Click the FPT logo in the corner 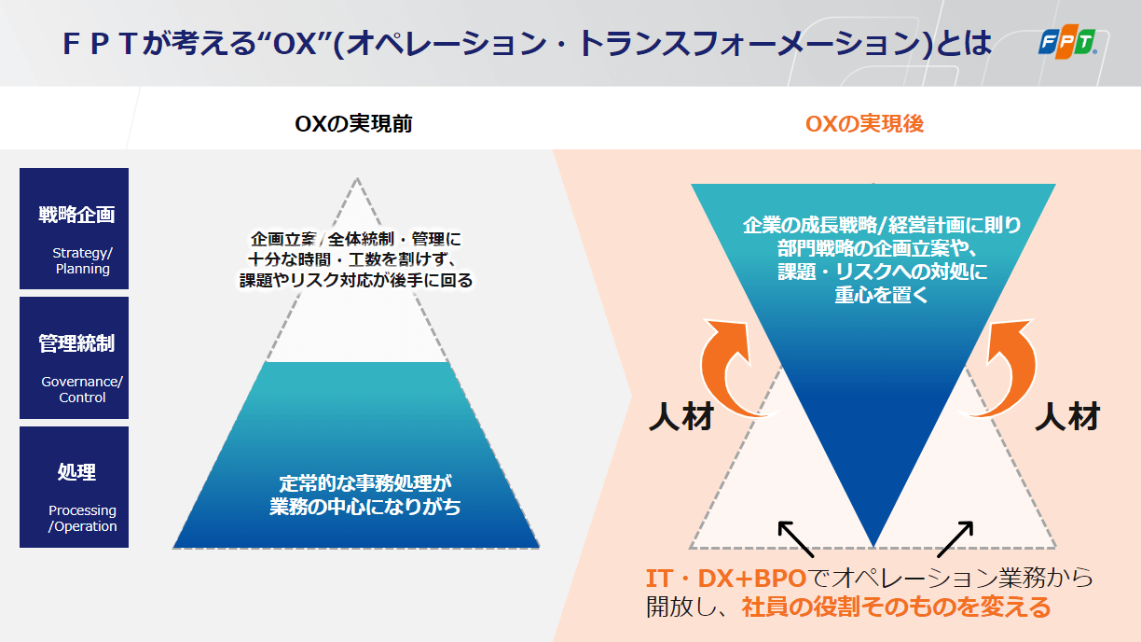(1067, 41)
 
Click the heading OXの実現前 (353, 123)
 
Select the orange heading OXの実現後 (864, 123)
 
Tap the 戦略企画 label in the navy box (77, 215)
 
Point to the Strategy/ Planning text (83, 260)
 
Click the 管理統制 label (77, 343)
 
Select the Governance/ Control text (82, 389)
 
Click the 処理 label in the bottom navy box (77, 471)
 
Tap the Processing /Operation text (83, 518)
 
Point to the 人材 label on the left (681, 416)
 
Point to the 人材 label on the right (1067, 416)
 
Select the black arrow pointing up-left (796, 538)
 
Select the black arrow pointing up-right (955, 538)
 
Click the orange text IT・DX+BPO (726, 579)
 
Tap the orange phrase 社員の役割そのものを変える (896, 607)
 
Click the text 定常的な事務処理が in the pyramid (365, 483)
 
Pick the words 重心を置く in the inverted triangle (881, 295)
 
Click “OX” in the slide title (295, 43)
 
